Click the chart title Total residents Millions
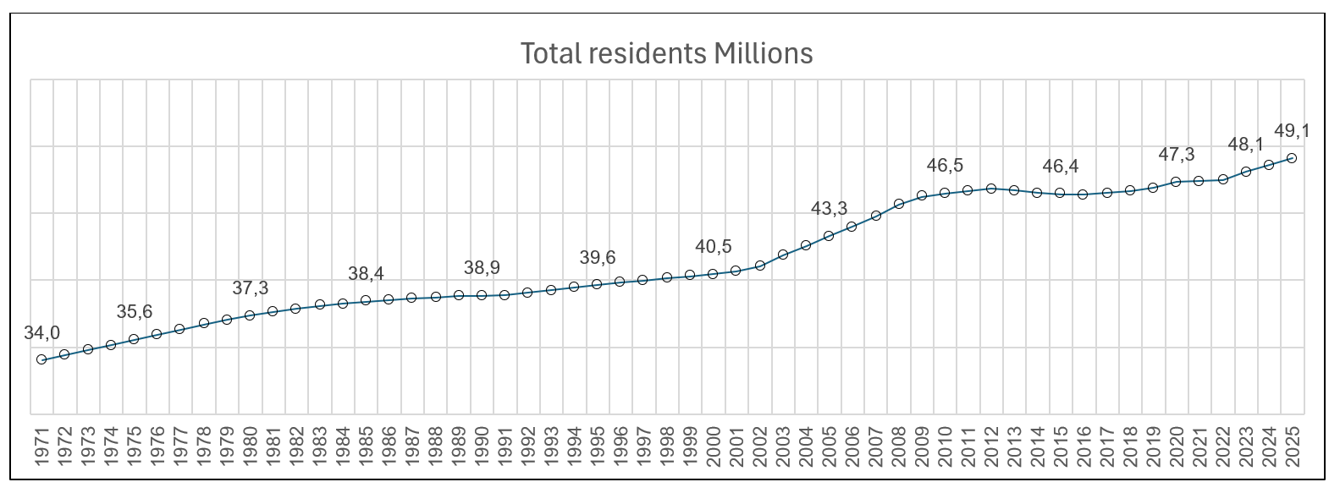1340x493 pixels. (x=666, y=53)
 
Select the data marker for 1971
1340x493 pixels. (x=41, y=359)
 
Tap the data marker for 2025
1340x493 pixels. (x=1292, y=158)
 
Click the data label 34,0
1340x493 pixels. (x=41, y=333)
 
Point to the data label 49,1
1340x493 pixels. (x=1292, y=131)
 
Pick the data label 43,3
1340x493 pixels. (x=829, y=209)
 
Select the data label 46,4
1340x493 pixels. (x=1060, y=167)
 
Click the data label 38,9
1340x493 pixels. (x=482, y=268)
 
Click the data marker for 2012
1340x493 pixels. (x=990, y=188)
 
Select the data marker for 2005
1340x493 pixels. (x=829, y=236)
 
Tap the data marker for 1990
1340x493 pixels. (x=481, y=295)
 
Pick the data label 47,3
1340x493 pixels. (x=1176, y=155)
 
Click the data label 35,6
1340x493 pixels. (x=134, y=312)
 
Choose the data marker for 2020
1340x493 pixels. (x=1176, y=182)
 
